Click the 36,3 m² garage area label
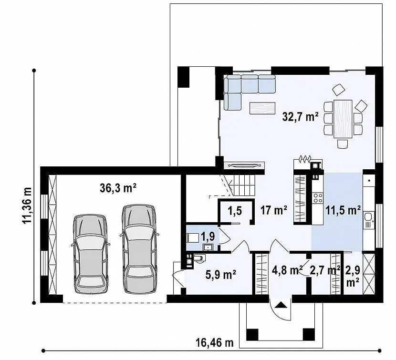[x=118, y=188]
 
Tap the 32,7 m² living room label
[x=300, y=117]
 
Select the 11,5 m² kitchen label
[x=343, y=210]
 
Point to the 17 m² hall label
[x=274, y=210]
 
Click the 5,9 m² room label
[x=221, y=275]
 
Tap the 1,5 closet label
[x=235, y=210]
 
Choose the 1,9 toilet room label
[x=208, y=237]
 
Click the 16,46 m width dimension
[x=215, y=343]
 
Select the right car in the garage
[x=139, y=249]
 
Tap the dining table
[x=343, y=119]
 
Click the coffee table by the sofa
[x=262, y=108]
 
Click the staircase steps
[x=244, y=185]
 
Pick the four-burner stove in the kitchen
[x=318, y=198]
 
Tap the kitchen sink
[x=369, y=217]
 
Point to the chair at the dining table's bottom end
[x=343, y=144]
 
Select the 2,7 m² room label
[x=324, y=270]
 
